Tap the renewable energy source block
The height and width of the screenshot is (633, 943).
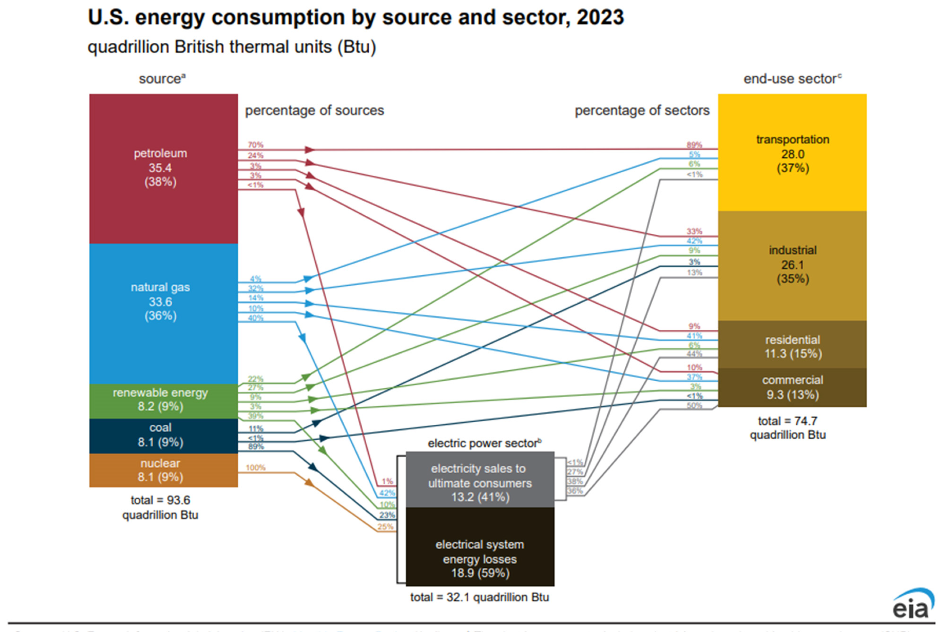pyautogui.click(x=163, y=400)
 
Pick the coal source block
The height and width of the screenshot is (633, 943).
pyautogui.click(x=163, y=436)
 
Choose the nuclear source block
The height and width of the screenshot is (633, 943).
pyautogui.click(x=163, y=470)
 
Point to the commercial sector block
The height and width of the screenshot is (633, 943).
pyautogui.click(x=792, y=387)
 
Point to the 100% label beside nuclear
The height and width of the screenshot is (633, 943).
pyautogui.click(x=255, y=467)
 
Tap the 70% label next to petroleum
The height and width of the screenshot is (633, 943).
pyautogui.click(x=255, y=145)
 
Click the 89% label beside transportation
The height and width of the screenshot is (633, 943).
pyautogui.click(x=694, y=145)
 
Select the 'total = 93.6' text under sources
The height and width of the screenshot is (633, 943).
pyautogui.click(x=160, y=500)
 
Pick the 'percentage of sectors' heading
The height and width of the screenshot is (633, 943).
pyautogui.click(x=642, y=110)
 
